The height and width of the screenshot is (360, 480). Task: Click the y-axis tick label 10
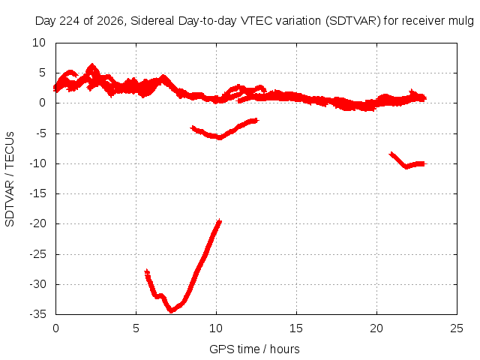tap(39, 43)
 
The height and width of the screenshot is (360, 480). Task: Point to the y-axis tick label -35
tap(37, 314)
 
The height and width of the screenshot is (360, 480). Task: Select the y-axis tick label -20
tap(37, 223)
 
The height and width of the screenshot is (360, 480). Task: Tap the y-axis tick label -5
tap(40, 133)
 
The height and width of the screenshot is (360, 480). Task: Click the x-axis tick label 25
tap(457, 328)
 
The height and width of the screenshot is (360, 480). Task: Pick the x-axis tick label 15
tap(296, 328)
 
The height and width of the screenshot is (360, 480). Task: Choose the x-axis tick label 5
tap(136, 328)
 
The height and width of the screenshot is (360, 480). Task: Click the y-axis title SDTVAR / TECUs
tap(10, 179)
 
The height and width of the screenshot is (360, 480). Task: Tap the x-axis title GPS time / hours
tap(254, 349)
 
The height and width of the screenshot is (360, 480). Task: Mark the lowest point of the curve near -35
tap(171, 310)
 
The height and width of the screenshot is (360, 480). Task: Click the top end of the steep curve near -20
tap(219, 221)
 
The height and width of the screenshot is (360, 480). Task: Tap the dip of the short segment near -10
tap(406, 166)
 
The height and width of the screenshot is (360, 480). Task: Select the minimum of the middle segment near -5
tap(220, 137)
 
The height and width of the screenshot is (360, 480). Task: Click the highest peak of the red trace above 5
tap(92, 65)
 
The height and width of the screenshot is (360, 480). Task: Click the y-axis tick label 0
tap(42, 103)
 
